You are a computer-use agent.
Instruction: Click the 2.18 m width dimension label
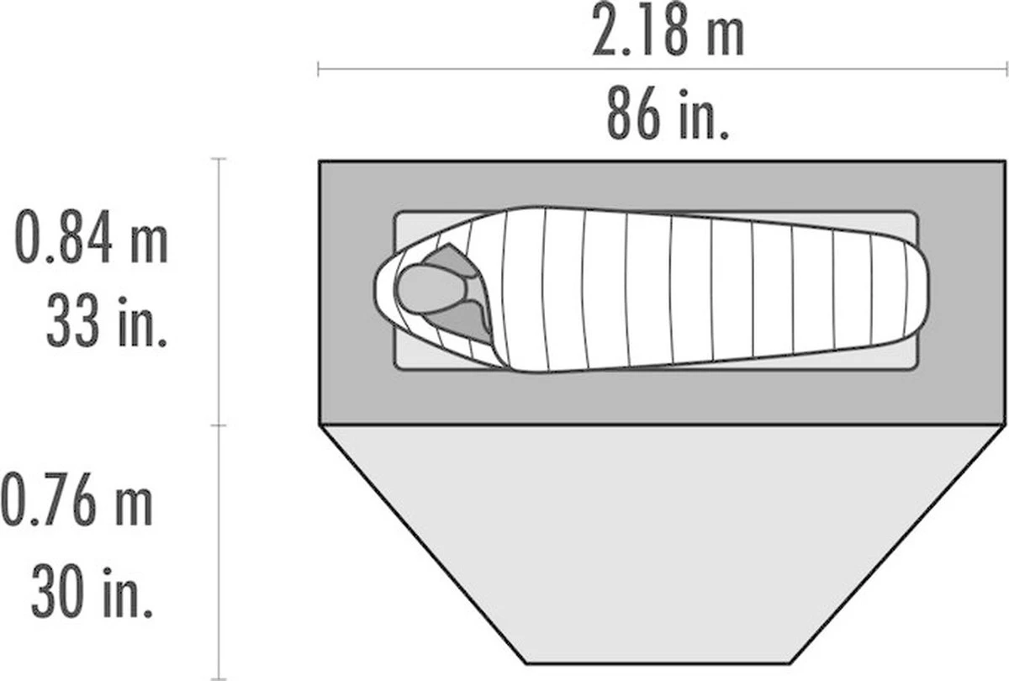(667, 29)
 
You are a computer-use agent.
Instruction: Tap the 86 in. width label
(668, 113)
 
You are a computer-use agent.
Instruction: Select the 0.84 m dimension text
(92, 236)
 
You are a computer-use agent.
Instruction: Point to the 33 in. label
(107, 319)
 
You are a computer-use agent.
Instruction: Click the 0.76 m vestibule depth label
(77, 499)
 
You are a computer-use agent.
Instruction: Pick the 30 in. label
(92, 591)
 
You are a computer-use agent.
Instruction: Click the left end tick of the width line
(319, 69)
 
